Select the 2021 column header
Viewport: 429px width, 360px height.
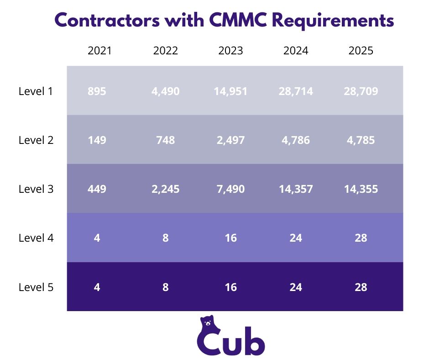pos(99,51)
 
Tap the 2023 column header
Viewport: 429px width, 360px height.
pos(230,51)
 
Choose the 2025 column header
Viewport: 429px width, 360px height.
pos(361,51)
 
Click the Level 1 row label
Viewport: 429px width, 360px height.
pos(36,91)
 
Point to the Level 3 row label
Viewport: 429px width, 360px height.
pos(36,189)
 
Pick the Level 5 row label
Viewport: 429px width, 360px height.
pos(36,287)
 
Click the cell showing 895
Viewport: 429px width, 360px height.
pos(97,91)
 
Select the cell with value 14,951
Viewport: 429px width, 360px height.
pos(230,91)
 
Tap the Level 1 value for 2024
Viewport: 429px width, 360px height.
pos(296,91)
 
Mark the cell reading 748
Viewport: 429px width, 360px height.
pos(165,140)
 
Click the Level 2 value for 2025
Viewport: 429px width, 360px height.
pos(361,140)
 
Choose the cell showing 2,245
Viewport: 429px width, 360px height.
pos(165,189)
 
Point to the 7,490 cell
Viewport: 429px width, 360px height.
pos(230,189)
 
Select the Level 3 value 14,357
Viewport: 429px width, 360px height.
pos(296,189)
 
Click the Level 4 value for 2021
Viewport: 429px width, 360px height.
pos(97,238)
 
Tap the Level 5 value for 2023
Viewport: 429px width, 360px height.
pos(230,287)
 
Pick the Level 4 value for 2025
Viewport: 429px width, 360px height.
pos(361,238)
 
